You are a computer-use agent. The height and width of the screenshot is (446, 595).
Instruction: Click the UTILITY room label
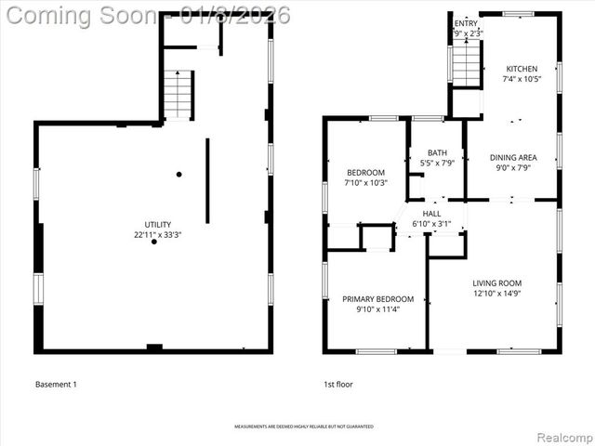157,225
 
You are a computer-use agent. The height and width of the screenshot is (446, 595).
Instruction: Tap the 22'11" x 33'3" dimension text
157,235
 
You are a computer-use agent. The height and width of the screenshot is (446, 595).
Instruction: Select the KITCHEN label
521,69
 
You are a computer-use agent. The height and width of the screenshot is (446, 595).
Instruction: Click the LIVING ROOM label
496,283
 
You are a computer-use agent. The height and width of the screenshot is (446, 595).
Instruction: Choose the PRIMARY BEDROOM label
377,299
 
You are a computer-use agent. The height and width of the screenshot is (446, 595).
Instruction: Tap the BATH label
437,152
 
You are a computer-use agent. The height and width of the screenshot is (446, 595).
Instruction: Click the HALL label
431,214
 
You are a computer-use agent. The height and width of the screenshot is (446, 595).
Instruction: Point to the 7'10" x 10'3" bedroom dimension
366,183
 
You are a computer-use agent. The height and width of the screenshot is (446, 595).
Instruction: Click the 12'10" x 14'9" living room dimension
496,294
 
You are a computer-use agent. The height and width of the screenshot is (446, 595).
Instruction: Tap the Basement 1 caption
56,384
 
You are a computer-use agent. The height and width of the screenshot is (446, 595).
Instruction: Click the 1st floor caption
337,384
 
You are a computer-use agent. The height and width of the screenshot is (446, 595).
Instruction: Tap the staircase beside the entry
464,63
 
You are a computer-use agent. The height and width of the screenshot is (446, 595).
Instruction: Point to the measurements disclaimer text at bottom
303,426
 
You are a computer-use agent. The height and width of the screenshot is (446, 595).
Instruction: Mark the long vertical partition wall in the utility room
207,181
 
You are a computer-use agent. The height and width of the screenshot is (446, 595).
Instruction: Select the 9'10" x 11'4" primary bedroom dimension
377,309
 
